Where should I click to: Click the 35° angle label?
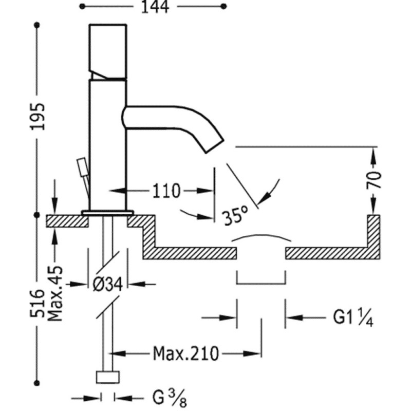click(x=236, y=215)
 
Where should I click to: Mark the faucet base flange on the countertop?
click(x=107, y=212)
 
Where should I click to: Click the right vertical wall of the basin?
click(x=373, y=234)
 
